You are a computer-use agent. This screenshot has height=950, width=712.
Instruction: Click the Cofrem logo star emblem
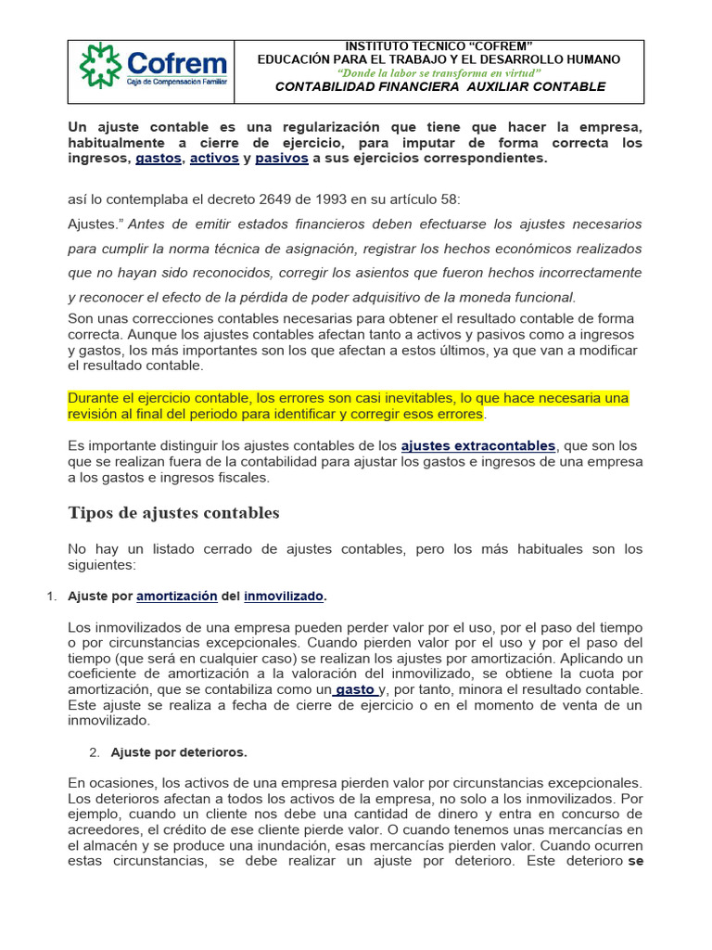[100, 65]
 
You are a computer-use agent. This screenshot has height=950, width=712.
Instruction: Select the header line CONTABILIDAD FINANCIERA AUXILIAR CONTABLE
[440, 86]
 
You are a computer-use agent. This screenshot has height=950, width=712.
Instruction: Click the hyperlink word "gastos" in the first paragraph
[159, 158]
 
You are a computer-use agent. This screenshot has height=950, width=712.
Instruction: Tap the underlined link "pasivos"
[281, 158]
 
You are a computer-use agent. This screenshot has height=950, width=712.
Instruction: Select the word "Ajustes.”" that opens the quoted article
[96, 225]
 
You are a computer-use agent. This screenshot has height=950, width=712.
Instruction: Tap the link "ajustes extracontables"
[478, 446]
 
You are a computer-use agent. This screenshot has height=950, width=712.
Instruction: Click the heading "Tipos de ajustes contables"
[173, 513]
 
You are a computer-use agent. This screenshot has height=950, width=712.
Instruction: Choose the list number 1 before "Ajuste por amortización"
[50, 596]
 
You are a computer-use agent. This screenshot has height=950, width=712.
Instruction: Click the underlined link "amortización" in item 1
[176, 596]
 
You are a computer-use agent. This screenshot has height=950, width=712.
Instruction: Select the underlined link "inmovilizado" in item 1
[284, 596]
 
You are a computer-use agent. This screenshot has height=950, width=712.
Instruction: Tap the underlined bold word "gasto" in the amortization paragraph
[356, 689]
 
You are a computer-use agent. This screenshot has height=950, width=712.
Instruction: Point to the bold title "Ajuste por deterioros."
[179, 751]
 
